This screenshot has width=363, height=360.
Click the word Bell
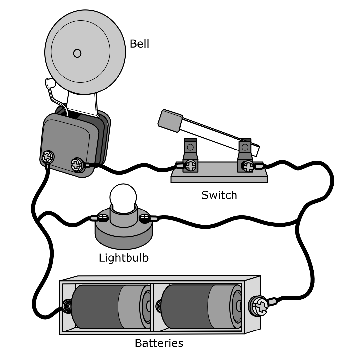click(139, 44)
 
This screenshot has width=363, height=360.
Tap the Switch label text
click(219, 195)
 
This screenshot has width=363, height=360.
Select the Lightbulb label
click(124, 257)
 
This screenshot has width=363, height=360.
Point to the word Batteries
click(159, 343)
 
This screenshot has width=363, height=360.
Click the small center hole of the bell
click(77, 53)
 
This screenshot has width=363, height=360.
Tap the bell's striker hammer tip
click(50, 83)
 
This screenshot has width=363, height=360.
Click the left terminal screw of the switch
click(190, 165)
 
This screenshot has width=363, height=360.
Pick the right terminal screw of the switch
click(248, 166)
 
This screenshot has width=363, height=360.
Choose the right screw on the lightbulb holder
click(145, 218)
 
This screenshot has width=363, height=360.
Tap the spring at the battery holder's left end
click(67, 306)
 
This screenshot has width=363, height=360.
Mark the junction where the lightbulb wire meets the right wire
click(297, 219)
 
